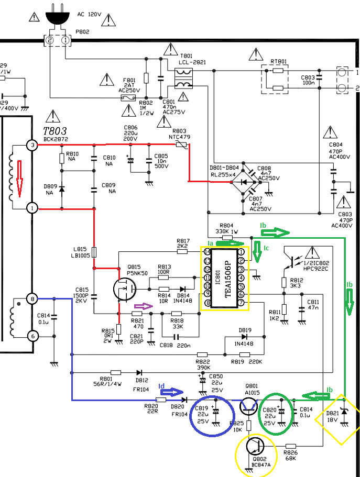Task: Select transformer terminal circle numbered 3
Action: tap(32, 145)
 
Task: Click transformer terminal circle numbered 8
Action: tap(32, 299)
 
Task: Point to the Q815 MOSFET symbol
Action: tap(125, 288)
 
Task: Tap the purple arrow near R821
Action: tap(142, 306)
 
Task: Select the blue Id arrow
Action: tap(175, 392)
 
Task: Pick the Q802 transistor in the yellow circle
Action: tap(255, 446)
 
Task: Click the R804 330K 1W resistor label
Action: tap(226, 228)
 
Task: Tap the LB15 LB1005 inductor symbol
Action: tap(94, 252)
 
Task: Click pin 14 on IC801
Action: tap(208, 252)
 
